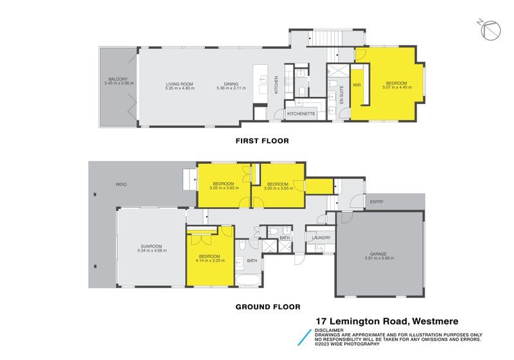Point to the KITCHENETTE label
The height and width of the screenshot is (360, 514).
coord(301,114)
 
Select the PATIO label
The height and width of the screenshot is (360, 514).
coord(121,185)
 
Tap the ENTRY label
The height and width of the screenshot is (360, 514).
coord(377,202)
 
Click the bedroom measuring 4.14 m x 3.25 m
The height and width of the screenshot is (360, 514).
coord(209,260)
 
